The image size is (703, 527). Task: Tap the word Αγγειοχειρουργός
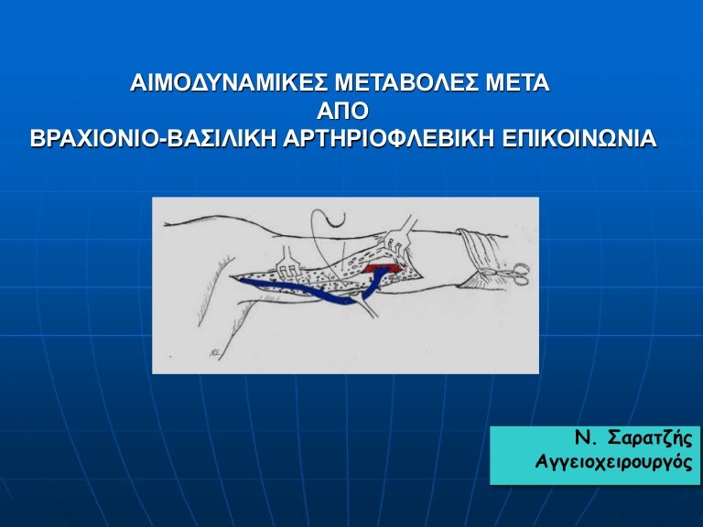pos(613,464)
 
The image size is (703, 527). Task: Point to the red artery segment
pos(375,269)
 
